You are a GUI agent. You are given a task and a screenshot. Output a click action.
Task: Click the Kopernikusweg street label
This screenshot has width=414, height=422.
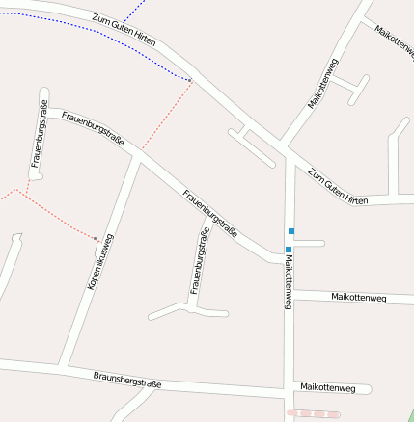tap(98, 264)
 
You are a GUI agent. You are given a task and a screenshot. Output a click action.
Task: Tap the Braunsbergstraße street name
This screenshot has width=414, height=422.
tap(126, 381)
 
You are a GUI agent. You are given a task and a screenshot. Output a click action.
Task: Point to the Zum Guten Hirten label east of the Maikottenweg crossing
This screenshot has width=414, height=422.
tap(339, 185)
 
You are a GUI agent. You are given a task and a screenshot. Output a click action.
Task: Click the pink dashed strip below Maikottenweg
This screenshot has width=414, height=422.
tap(315, 412)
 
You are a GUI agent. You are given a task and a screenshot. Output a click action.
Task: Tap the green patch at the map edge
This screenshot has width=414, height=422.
tap(409, 415)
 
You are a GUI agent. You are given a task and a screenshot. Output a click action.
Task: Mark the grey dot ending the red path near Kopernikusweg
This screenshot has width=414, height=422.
tap(95, 237)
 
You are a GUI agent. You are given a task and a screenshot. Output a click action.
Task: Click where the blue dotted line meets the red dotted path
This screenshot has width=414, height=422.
tap(191, 79)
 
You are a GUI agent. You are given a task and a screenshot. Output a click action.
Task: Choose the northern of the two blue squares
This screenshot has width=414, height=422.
tap(290, 231)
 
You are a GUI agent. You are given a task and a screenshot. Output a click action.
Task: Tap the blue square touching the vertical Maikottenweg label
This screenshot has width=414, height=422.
tap(288, 250)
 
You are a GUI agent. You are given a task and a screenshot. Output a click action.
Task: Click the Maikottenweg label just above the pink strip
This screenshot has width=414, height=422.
tap(328, 388)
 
